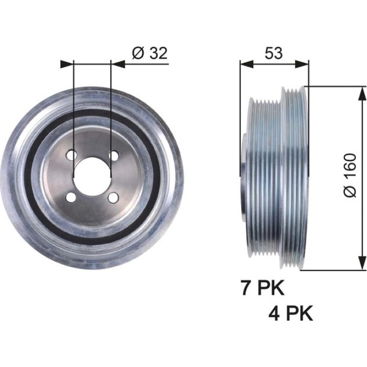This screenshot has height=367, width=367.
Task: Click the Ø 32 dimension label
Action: pos(150,53)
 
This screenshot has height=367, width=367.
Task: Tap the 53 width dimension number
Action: pos(274,53)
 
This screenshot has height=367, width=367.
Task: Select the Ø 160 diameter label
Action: pos(350,175)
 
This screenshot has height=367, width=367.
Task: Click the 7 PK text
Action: pos(263,287)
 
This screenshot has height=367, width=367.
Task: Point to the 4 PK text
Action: pos(290,314)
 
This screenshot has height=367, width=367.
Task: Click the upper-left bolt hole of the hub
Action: pos(71,155)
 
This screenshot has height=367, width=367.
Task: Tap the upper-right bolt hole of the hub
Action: pos(114,155)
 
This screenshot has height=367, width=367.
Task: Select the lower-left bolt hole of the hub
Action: pos(71,198)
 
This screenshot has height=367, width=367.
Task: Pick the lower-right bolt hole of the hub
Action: pos(113,198)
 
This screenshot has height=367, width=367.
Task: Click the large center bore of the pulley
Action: pos(92,177)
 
